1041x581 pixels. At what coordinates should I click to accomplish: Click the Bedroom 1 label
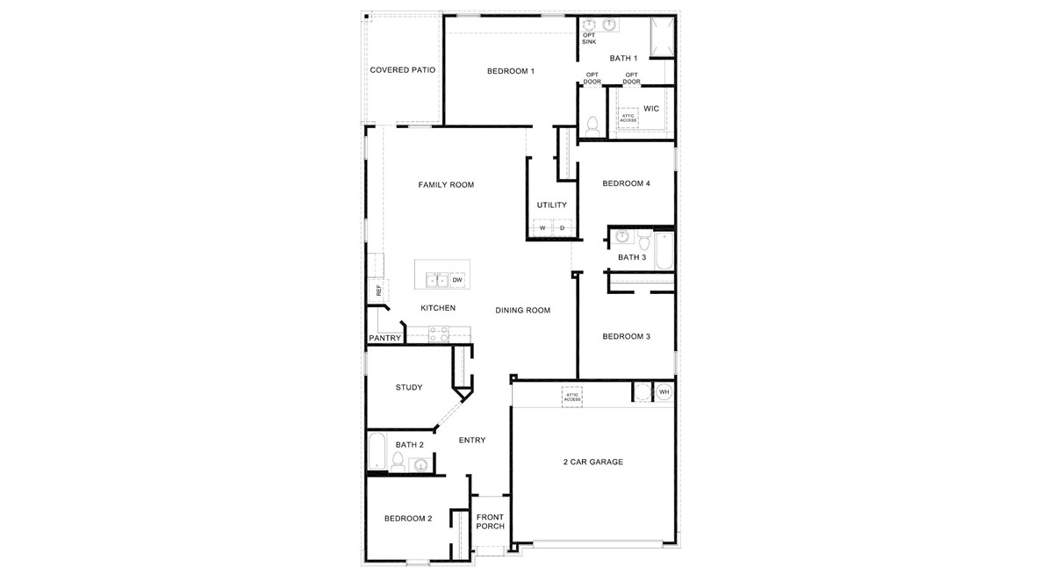[510, 71]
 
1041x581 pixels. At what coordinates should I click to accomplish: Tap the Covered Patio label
[403, 70]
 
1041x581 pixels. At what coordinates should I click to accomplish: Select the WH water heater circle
[664, 391]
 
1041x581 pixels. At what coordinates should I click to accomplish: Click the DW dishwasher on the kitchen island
[457, 280]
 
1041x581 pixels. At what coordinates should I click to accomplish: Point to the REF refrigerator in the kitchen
[378, 290]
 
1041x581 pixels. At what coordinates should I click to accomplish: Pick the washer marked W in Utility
[542, 228]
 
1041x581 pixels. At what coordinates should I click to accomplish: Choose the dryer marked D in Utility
[563, 228]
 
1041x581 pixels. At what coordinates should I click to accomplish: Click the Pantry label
[384, 338]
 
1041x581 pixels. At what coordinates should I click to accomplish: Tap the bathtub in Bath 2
[376, 452]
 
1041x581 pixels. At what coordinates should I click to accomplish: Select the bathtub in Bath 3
[665, 251]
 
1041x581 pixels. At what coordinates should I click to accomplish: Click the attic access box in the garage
[572, 397]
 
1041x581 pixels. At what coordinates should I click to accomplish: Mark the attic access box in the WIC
[628, 118]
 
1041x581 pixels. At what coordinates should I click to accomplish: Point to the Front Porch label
[490, 521]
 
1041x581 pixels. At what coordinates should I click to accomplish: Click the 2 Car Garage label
[593, 462]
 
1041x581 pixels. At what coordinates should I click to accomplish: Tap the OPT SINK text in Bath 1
[589, 38]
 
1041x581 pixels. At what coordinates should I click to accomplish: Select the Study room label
[409, 387]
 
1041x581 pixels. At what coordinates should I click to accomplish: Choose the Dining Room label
[522, 310]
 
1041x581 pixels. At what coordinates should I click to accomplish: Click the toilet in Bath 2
[398, 462]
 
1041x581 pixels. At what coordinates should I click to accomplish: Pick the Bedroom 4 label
[626, 183]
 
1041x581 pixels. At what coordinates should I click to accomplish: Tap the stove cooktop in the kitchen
[439, 334]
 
